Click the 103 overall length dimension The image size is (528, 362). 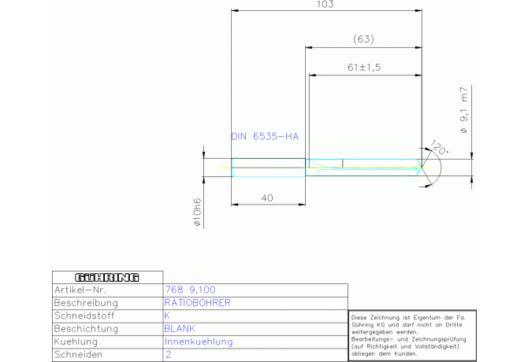tap(325, 5)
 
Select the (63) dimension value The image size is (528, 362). tap(363, 39)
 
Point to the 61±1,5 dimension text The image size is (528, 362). tap(364, 67)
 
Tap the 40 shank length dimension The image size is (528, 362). tap(267, 198)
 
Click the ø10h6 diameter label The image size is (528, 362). tap(197, 212)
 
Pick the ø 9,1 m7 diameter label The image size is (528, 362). tap(464, 110)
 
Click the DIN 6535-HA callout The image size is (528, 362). tap(265, 136)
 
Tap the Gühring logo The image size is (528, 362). tap(107, 277)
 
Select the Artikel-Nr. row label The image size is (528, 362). tap(80, 290)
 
